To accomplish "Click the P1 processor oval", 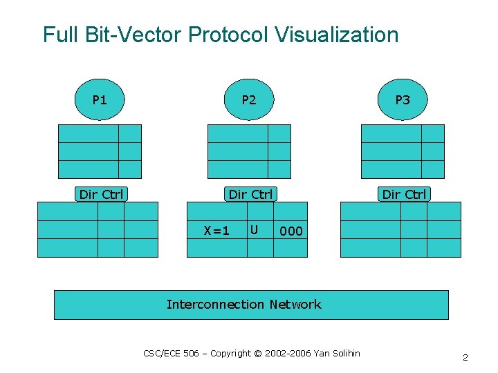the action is pyautogui.click(x=100, y=100).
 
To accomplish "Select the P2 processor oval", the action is pyautogui.click(x=249, y=100).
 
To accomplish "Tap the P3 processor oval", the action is pyautogui.click(x=403, y=100).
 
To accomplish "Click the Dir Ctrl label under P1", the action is pyautogui.click(x=101, y=194).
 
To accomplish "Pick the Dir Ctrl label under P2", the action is pyautogui.click(x=250, y=194).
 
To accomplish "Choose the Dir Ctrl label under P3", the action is pyautogui.click(x=404, y=194).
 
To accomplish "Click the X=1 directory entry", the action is pyautogui.click(x=216, y=231).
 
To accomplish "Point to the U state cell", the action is pyautogui.click(x=255, y=229).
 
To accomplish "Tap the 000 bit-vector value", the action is pyautogui.click(x=290, y=231).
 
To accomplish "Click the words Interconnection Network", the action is pyautogui.click(x=243, y=304).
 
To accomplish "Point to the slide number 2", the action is pyautogui.click(x=465, y=357).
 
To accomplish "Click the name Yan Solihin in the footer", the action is pyautogui.click(x=337, y=353).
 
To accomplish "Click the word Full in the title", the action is pyautogui.click(x=58, y=35).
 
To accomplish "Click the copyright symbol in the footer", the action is pyautogui.click(x=257, y=353).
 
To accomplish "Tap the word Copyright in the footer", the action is pyautogui.click(x=230, y=353).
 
